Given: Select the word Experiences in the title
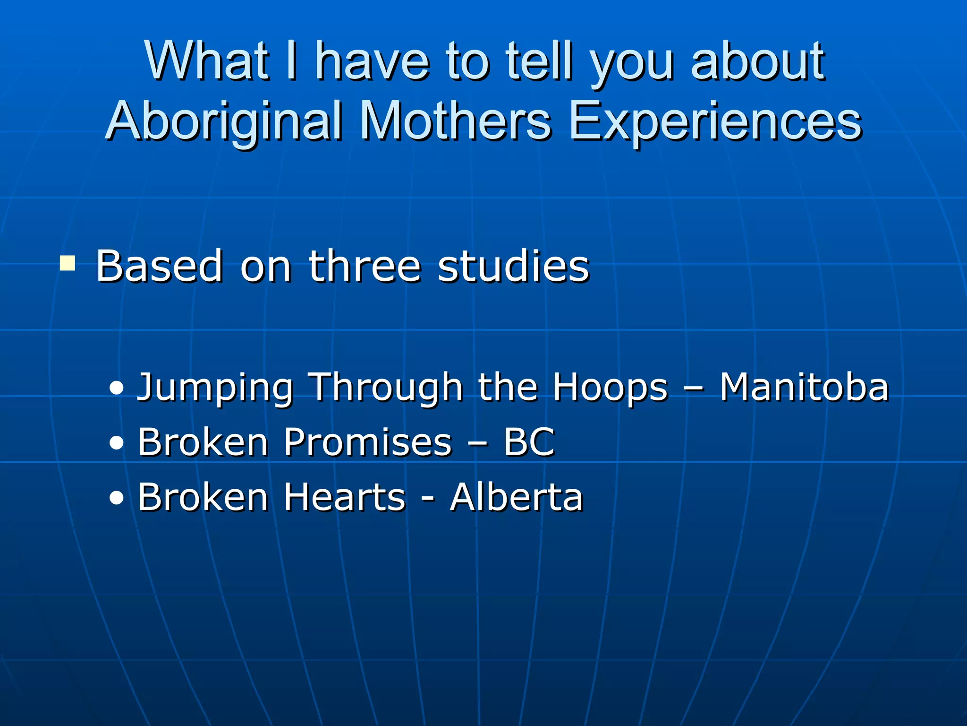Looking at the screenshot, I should click(x=715, y=122).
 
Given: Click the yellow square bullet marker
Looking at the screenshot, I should click(x=68, y=263).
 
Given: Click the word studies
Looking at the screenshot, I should click(x=513, y=267).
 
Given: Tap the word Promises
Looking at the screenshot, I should click(x=368, y=442).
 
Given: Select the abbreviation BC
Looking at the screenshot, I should click(x=529, y=442).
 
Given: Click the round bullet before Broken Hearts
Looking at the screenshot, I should click(x=116, y=498).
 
